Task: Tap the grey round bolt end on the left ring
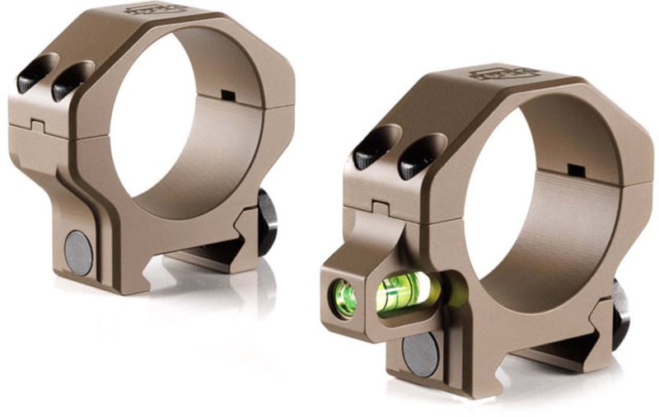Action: [x=79, y=252]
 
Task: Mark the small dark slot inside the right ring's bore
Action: [x=577, y=171]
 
